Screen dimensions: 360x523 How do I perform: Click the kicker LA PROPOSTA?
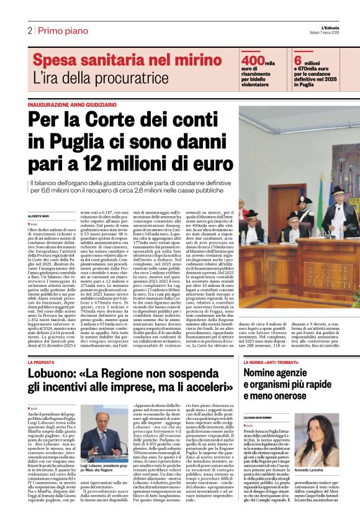coord(41,362)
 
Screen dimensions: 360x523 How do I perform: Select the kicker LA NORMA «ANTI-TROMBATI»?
coord(272,362)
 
